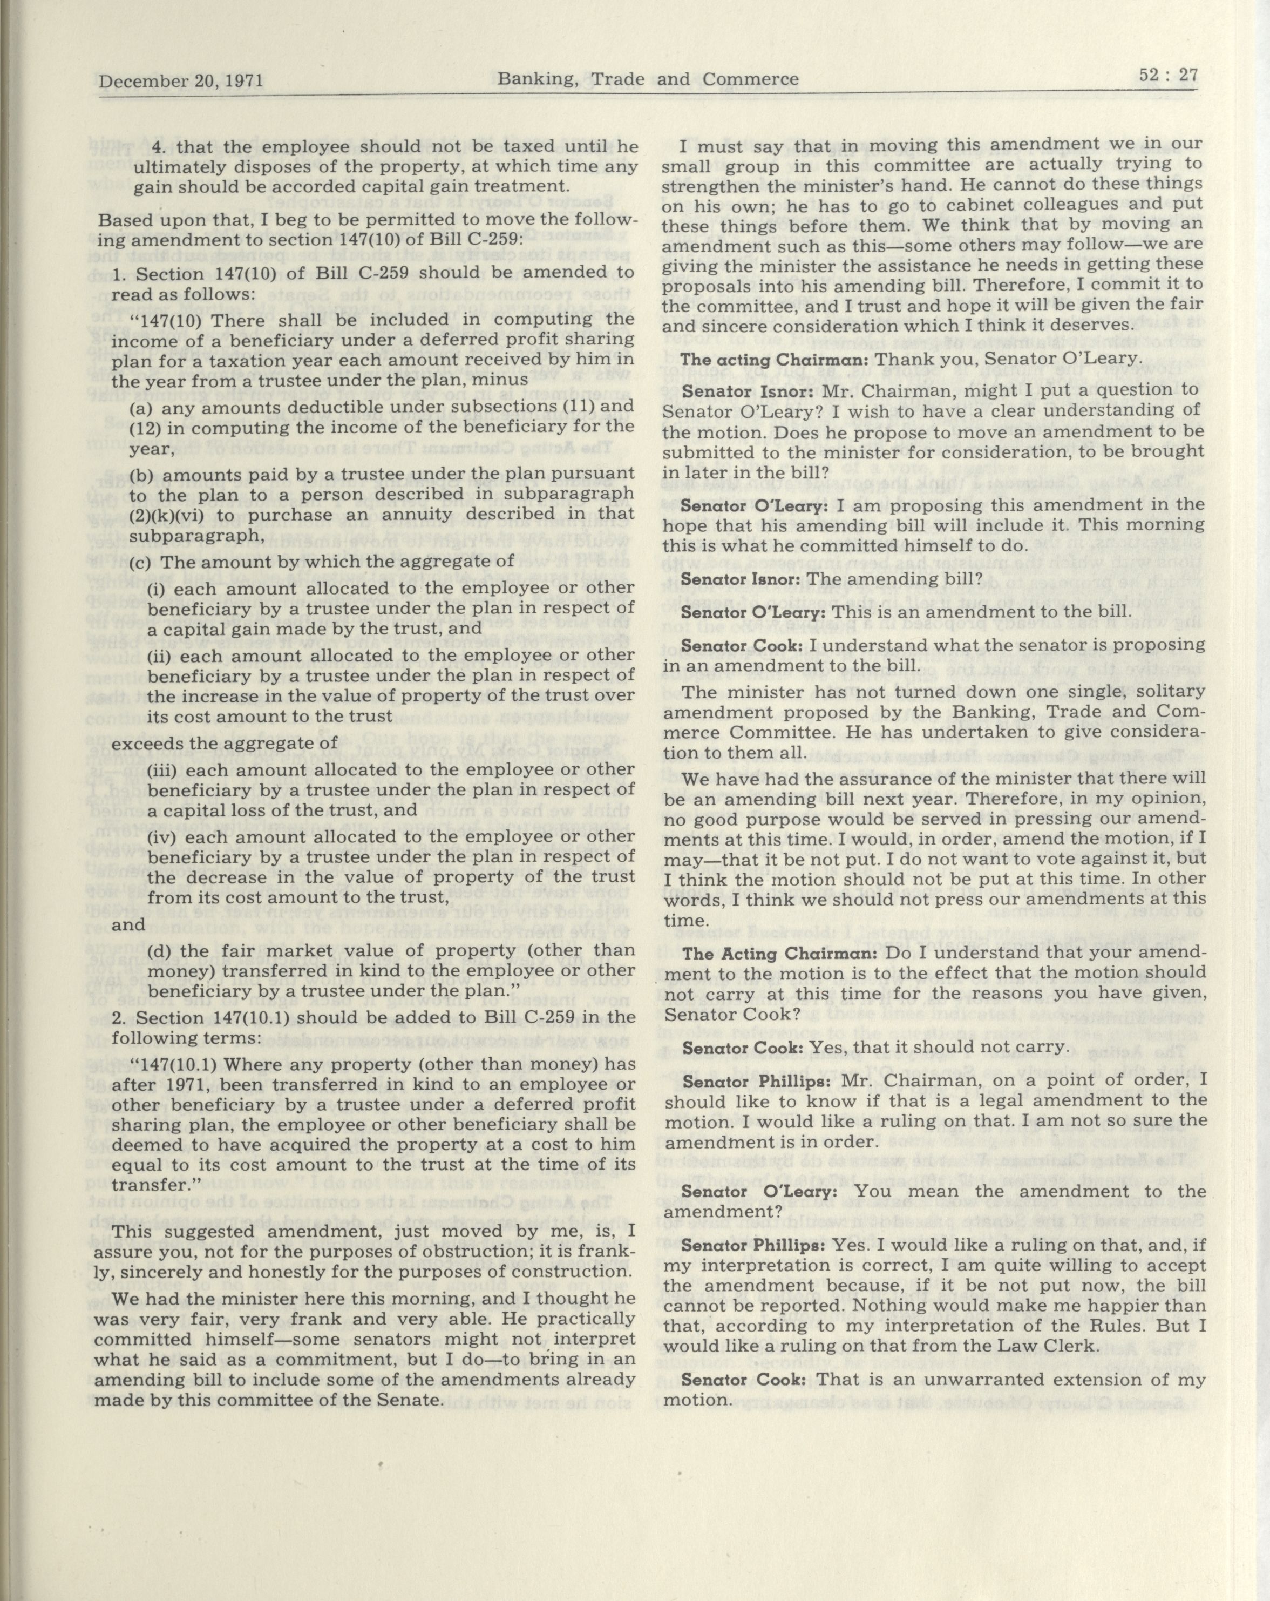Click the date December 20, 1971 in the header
(181, 80)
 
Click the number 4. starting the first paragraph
(160, 147)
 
